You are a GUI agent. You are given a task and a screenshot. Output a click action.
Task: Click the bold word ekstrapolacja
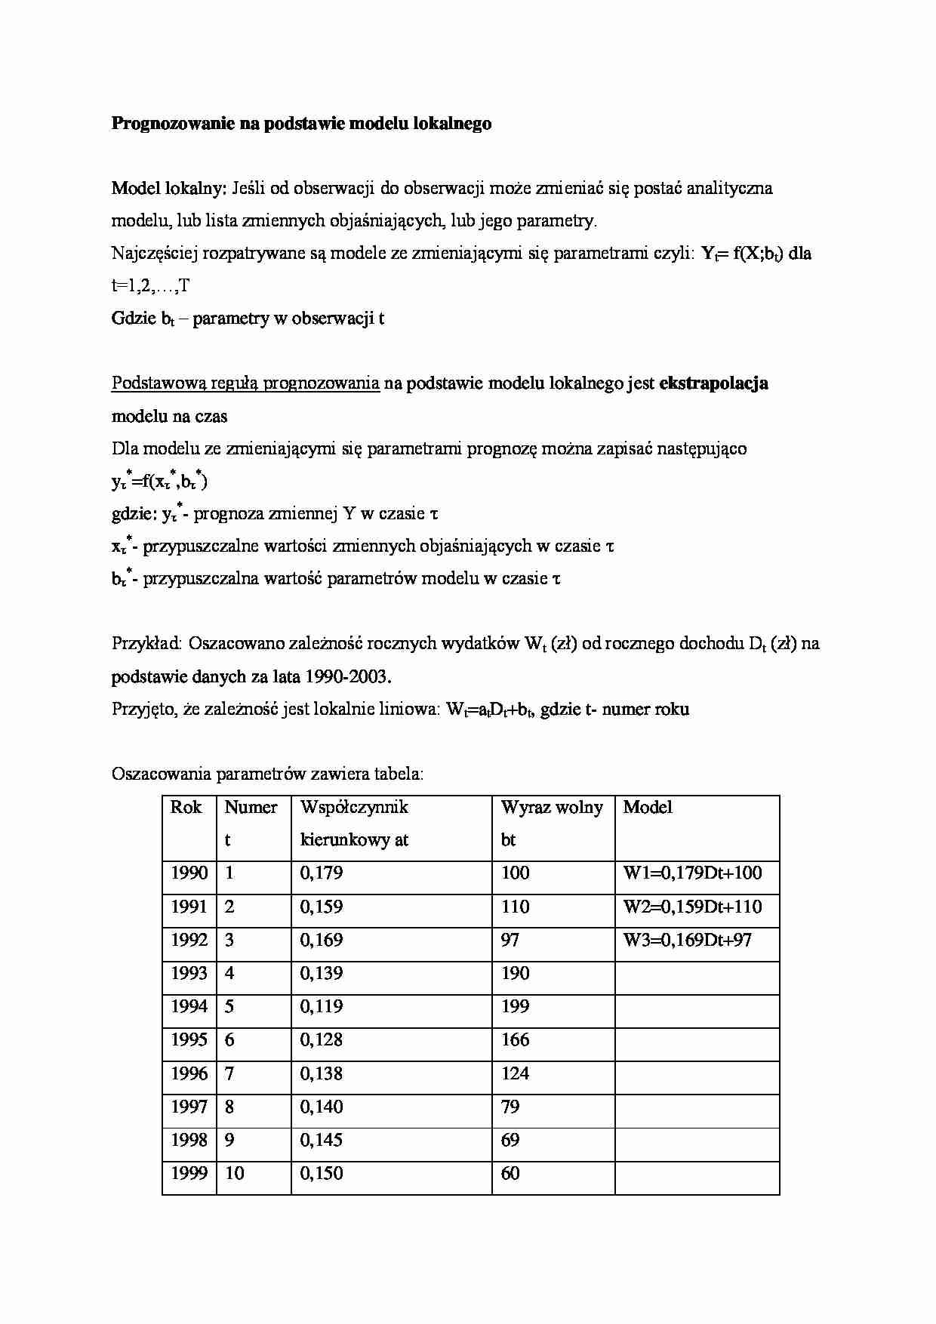pos(713,383)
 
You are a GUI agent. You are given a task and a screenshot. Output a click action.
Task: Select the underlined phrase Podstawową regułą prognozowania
pos(245,383)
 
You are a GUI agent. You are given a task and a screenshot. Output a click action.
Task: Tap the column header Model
pos(647,808)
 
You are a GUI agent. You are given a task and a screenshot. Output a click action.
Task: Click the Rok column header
pos(186,808)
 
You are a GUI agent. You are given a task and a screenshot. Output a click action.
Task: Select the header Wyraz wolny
pos(551,808)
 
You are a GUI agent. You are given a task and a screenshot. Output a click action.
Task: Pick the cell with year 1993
pos(189,974)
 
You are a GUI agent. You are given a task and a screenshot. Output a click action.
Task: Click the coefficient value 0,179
pos(322,873)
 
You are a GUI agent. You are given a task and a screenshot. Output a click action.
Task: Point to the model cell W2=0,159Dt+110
pos(692,907)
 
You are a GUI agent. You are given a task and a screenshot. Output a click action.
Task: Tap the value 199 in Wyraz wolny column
pos(515,1007)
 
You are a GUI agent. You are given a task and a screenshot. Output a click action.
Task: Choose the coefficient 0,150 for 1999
pos(322,1174)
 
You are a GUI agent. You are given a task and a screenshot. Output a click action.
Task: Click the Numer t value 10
pos(234,1174)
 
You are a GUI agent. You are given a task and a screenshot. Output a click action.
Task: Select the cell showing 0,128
pos(322,1040)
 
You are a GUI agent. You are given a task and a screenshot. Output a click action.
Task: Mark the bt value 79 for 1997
pos(510,1107)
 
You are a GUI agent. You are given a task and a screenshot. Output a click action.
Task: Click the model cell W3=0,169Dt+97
pos(687,941)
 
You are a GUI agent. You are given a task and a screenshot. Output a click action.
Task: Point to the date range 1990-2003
pos(347,677)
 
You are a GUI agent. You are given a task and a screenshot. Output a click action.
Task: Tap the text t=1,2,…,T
pos(151,286)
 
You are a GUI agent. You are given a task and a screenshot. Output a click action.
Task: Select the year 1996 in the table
pos(189,1073)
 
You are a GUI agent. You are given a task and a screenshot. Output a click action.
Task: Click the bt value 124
pos(515,1073)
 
